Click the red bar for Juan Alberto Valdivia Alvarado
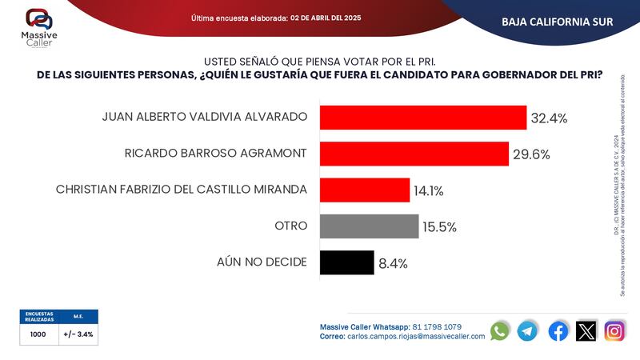pyautogui.click(x=422, y=117)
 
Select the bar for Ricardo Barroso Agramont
pyautogui.click(x=414, y=154)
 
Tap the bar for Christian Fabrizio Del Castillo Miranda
pyautogui.click(x=364, y=190)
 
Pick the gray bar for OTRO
pyautogui.click(x=369, y=226)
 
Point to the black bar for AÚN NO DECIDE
pyautogui.click(x=346, y=262)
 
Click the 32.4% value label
pyautogui.click(x=549, y=118)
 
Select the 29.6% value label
pyautogui.click(x=531, y=154)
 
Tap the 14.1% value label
pyautogui.click(x=428, y=191)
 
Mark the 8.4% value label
pyautogui.click(x=393, y=263)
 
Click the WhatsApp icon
pyautogui.click(x=500, y=330)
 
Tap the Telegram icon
pyautogui.click(x=528, y=330)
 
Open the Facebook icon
pyautogui.click(x=558, y=330)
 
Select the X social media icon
pyautogui.click(x=586, y=330)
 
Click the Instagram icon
pyautogui.click(x=614, y=330)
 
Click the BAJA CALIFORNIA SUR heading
pyautogui.click(x=557, y=22)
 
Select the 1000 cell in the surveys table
pyautogui.click(x=38, y=334)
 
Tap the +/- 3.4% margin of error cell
pyautogui.click(x=78, y=334)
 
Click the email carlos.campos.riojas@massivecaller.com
pyautogui.click(x=416, y=337)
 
